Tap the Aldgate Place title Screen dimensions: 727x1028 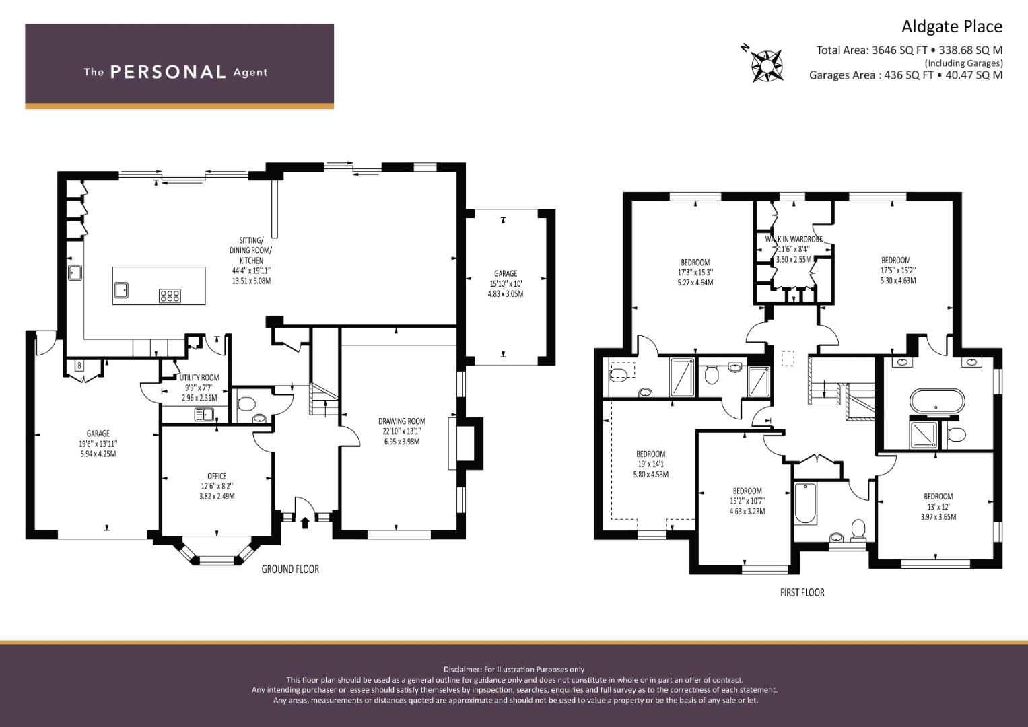pyautogui.click(x=951, y=26)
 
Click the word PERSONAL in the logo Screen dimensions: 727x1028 pyautogui.click(x=168, y=72)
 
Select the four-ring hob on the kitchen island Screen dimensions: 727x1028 pyautogui.click(x=170, y=295)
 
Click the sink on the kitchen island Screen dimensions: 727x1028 pyautogui.click(x=123, y=289)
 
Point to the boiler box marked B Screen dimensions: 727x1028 pyautogui.click(x=79, y=366)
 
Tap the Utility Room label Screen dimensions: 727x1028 pyautogui.click(x=199, y=387)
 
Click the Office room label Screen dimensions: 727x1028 pyautogui.click(x=217, y=485)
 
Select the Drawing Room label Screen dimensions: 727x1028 pyautogui.click(x=401, y=431)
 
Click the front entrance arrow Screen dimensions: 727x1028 pyautogui.click(x=305, y=522)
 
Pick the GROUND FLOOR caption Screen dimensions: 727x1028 pyautogui.click(x=290, y=569)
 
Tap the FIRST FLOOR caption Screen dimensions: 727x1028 pyautogui.click(x=802, y=592)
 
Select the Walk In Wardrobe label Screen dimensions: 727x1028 pyautogui.click(x=793, y=248)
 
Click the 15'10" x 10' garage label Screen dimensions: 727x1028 pyautogui.click(x=505, y=283)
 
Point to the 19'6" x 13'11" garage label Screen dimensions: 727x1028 pyautogui.click(x=98, y=444)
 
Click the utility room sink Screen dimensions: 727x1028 pyautogui.click(x=203, y=415)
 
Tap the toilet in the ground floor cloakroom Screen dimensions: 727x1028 pyautogui.click(x=246, y=404)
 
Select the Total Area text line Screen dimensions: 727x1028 pyautogui.click(x=909, y=50)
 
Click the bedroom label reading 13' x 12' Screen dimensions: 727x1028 pyautogui.click(x=938, y=506)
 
